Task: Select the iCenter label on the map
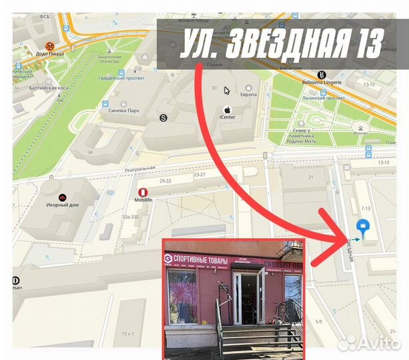(228, 117)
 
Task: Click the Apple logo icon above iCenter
(227, 108)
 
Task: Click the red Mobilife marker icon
(142, 192)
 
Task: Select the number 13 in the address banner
(366, 44)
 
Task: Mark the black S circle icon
(163, 118)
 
